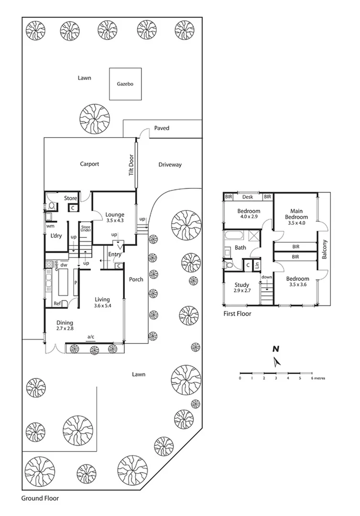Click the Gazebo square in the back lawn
(x=125, y=84)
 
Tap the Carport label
(x=89, y=164)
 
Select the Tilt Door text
(x=131, y=165)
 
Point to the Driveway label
(x=170, y=165)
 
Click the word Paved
(x=162, y=128)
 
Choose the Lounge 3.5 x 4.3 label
(x=114, y=217)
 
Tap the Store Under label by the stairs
(x=86, y=229)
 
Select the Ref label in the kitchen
(x=57, y=303)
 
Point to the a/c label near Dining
(x=90, y=337)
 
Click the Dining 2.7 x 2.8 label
(x=65, y=325)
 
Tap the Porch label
(x=136, y=279)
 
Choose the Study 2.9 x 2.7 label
(x=241, y=287)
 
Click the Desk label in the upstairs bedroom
(x=247, y=196)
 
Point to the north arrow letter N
(x=275, y=349)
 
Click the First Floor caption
(x=237, y=314)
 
